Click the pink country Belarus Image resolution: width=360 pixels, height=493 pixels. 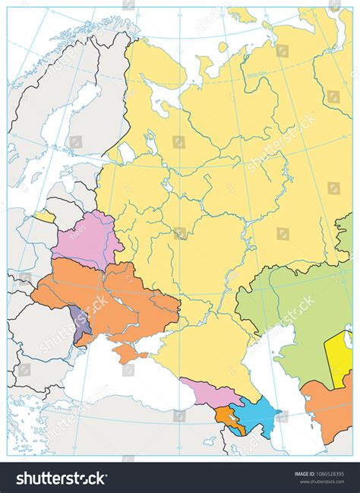(x=85, y=237)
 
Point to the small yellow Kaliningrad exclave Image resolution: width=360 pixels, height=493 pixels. (x=46, y=216)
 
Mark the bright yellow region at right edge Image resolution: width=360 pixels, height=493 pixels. (x=338, y=349)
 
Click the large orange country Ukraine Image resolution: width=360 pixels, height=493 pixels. (x=114, y=296)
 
